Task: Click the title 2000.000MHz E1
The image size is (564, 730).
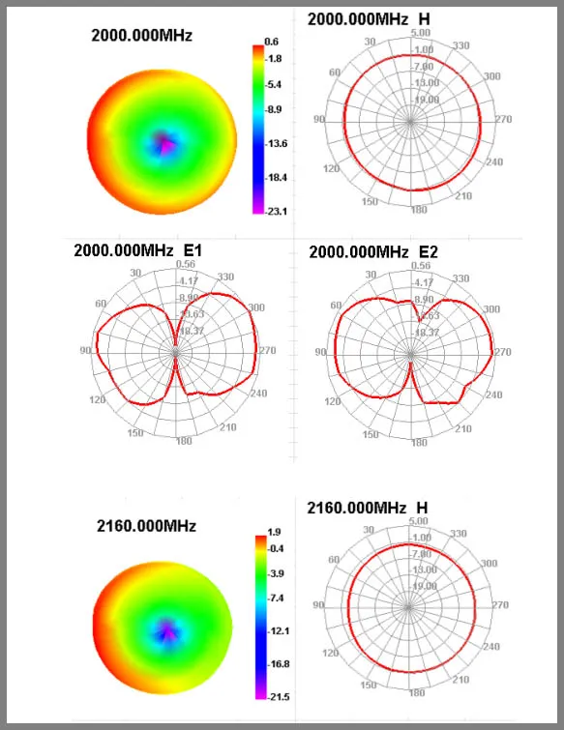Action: click(x=143, y=249)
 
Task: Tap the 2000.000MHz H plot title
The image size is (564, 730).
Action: click(x=370, y=19)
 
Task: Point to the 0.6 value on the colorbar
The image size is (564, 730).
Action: click(x=272, y=42)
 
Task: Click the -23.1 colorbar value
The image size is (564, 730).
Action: click(x=274, y=211)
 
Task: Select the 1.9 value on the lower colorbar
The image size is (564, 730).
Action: click(x=274, y=531)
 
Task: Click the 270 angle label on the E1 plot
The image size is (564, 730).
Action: click(x=266, y=352)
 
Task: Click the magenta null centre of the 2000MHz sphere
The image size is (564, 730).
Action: click(x=163, y=144)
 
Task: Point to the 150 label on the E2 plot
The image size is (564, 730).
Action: click(x=369, y=434)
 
